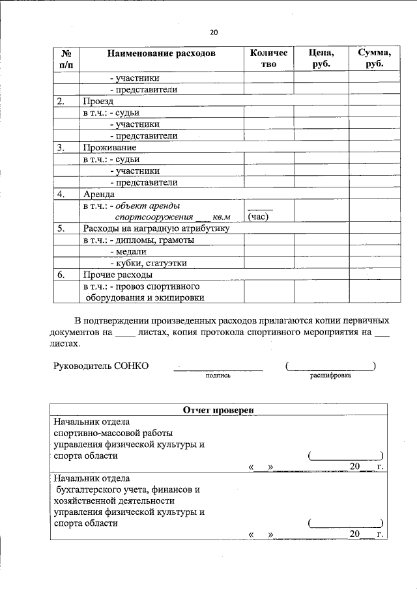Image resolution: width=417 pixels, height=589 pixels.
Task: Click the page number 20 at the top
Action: pyautogui.click(x=214, y=33)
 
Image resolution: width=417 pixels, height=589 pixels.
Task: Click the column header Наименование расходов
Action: pyautogui.click(x=161, y=53)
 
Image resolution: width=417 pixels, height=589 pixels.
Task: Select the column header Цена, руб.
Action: pyautogui.click(x=321, y=58)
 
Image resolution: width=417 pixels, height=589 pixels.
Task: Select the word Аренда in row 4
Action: pyautogui.click(x=99, y=194)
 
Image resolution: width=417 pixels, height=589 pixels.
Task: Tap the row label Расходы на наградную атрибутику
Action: pyautogui.click(x=155, y=228)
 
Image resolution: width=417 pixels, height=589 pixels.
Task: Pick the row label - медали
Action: pyautogui.click(x=128, y=251)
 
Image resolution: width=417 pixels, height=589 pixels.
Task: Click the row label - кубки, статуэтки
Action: pyautogui.click(x=149, y=263)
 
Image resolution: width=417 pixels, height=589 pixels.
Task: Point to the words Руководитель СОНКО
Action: pyautogui.click(x=101, y=366)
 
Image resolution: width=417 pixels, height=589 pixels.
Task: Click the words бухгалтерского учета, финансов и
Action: pyautogui.click(x=127, y=489)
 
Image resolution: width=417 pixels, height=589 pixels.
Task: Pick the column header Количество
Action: pyautogui.click(x=268, y=58)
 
